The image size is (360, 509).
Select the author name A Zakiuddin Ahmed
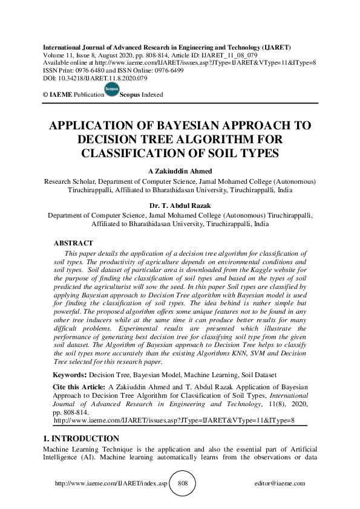(x=180, y=171)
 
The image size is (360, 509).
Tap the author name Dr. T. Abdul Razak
(x=180, y=204)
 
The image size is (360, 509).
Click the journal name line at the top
(x=165, y=46)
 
